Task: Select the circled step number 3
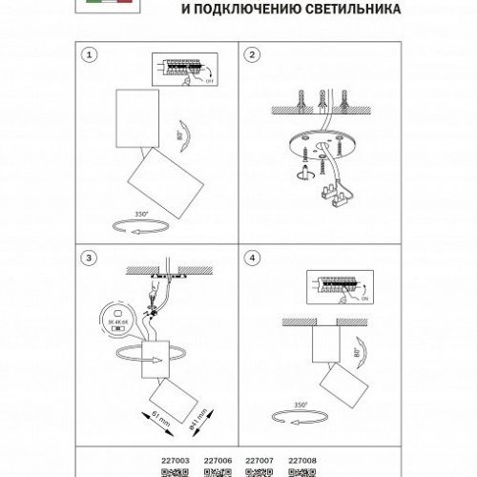click(x=91, y=258)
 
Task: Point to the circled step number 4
click(x=254, y=258)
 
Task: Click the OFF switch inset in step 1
click(x=182, y=72)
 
